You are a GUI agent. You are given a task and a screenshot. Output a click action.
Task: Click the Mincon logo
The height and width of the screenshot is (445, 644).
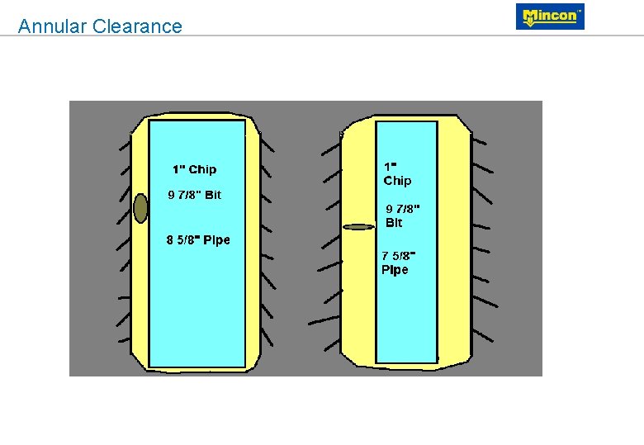[x=550, y=17]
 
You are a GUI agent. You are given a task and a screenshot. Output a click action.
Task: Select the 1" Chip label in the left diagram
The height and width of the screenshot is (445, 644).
[x=194, y=169]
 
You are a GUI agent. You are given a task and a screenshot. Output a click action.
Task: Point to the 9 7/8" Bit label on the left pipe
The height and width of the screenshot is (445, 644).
[x=194, y=196]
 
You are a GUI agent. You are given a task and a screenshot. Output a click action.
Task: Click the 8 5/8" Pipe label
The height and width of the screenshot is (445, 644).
[x=198, y=240]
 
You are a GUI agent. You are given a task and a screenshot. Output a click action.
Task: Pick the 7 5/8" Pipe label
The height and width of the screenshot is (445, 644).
[x=398, y=263]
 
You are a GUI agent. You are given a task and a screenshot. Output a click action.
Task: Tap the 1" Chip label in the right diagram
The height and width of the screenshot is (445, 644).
[x=397, y=173]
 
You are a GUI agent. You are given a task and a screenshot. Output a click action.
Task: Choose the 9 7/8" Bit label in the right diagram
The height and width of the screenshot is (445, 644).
[x=403, y=215]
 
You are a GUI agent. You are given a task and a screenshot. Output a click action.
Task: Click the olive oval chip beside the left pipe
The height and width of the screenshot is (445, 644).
[x=140, y=208]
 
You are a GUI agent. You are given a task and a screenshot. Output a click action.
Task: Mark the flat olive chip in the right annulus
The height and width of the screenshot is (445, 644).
[x=358, y=226]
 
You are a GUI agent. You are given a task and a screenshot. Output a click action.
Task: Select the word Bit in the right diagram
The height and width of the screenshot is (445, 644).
[x=394, y=223]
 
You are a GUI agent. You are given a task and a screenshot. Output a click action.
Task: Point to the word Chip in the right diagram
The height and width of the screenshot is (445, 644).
[x=397, y=181]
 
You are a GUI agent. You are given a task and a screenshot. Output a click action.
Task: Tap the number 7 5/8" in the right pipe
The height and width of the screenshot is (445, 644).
[x=398, y=255]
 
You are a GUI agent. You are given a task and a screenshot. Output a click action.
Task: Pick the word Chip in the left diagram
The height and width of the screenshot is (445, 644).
[x=202, y=169]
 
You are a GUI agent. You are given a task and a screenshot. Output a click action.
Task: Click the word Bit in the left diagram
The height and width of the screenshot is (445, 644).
[x=213, y=196]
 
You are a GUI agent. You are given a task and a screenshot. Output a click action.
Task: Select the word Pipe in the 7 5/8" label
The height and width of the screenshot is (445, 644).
[x=395, y=270]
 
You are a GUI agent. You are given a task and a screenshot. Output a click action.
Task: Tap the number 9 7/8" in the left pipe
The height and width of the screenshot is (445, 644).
[x=185, y=196]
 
